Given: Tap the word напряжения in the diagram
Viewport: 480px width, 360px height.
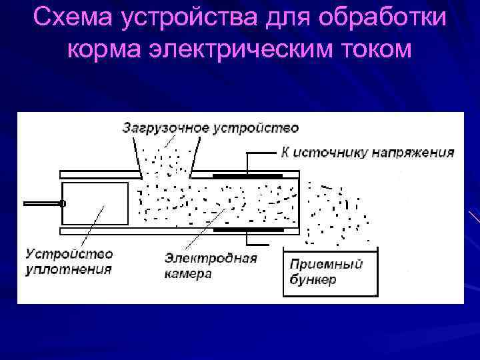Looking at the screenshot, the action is click(416, 152).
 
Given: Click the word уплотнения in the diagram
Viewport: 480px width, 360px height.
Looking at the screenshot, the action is click(69, 269).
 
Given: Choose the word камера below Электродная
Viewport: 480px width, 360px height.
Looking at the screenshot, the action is click(189, 273).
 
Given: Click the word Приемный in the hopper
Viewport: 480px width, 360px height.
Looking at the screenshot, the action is click(326, 264).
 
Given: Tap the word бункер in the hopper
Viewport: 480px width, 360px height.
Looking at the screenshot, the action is click(313, 279).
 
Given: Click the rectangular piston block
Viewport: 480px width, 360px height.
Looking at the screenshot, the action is click(94, 204).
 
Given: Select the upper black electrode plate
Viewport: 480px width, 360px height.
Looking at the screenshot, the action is click(247, 176).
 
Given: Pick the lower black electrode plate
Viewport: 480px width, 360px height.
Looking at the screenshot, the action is click(247, 229).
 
